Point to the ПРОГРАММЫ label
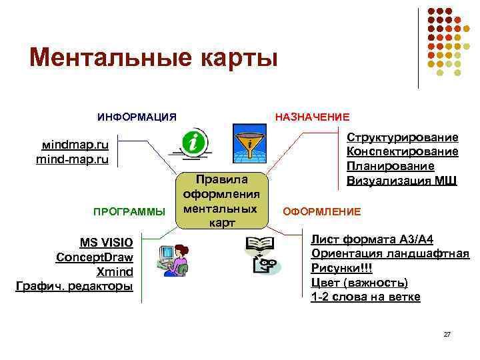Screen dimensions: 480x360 [x=129, y=212]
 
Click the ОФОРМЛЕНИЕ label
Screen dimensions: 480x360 [x=322, y=212]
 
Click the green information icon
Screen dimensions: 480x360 [x=195, y=141]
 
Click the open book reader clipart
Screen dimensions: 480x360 [x=261, y=255]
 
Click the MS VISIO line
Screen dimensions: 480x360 [x=107, y=242]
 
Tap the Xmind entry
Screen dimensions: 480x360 [x=115, y=272]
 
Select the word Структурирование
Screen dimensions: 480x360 [x=402, y=137]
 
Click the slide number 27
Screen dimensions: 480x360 [x=447, y=333]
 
